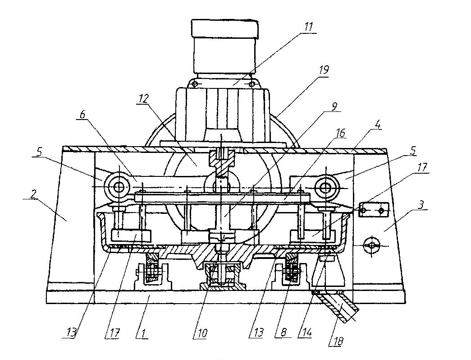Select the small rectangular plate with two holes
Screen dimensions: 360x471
coord(373,210)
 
